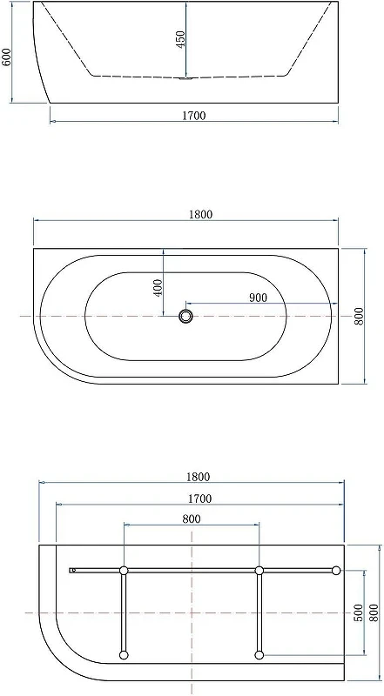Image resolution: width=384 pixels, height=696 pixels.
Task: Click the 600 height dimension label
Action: pos(7,57)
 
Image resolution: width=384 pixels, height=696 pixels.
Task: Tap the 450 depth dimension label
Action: pos(181,40)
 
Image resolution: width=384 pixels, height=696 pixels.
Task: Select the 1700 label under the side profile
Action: pos(194,116)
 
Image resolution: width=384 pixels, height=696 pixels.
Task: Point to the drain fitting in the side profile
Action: pos(185,79)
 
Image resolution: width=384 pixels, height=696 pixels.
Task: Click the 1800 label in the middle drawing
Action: pos(201,214)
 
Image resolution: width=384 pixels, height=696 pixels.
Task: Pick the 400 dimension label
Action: pos(158,288)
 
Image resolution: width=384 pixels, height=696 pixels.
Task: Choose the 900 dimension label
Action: pos(259,298)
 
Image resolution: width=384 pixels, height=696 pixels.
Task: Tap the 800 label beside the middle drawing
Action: pos(359,316)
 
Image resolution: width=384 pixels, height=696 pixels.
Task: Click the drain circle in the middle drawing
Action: pos(185,317)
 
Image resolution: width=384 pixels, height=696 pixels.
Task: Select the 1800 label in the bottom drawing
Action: pos(198,477)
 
